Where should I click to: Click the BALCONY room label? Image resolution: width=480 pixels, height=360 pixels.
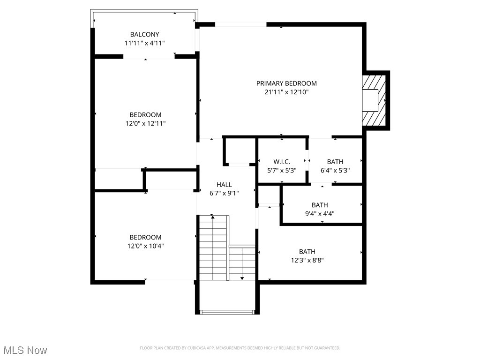coord(144,34)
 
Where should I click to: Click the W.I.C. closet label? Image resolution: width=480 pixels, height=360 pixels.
coord(281,162)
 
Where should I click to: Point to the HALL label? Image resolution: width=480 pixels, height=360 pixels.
coord(224,185)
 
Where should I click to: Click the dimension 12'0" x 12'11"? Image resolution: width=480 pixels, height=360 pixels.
coord(145,124)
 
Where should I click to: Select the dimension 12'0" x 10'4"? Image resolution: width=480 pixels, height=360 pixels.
coord(145,246)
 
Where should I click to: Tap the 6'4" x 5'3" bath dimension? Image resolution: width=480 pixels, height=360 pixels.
coord(335,171)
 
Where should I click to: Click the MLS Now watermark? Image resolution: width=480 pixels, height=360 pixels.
coord(25,350)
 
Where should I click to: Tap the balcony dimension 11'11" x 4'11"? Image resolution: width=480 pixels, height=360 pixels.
coord(144,43)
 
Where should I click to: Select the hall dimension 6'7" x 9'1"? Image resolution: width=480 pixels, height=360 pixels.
coord(224,193)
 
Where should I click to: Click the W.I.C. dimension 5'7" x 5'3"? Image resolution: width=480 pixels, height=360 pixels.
coord(281,171)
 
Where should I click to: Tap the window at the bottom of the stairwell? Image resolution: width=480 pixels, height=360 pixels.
coord(227,312)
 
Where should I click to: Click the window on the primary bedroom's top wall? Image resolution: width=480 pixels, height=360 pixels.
coord(240,24)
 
